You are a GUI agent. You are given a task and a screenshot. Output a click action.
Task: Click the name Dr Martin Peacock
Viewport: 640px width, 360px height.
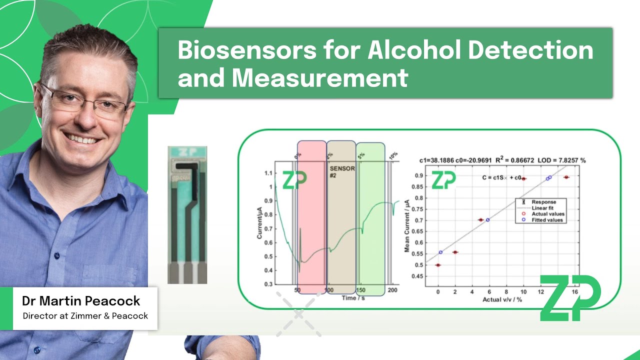(81, 301)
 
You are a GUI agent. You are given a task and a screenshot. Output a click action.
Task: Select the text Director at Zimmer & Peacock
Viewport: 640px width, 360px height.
(85, 316)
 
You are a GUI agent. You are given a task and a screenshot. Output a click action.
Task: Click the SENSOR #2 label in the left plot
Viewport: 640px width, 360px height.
(342, 172)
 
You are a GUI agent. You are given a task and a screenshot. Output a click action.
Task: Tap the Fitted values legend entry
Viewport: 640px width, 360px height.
(546, 220)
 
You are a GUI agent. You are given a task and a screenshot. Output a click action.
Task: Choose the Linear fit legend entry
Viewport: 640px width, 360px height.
(543, 208)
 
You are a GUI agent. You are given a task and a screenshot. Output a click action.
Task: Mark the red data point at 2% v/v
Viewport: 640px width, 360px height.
(455, 252)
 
